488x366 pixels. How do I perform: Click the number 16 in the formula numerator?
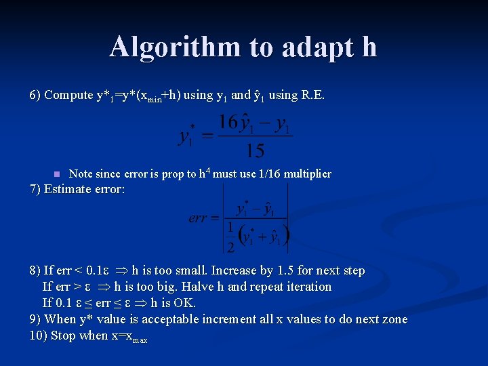click(x=228, y=123)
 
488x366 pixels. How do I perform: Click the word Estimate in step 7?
click(x=66, y=189)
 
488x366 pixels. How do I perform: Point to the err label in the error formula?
click(x=199, y=218)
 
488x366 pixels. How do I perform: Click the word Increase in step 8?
click(x=235, y=270)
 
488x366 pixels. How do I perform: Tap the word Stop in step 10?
click(x=63, y=335)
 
